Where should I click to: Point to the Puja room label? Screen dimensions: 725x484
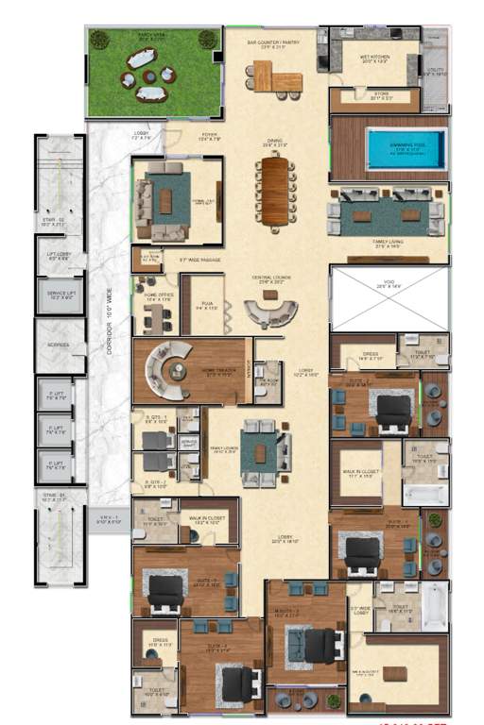pyautogui.click(x=207, y=305)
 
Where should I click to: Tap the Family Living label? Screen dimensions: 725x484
pyautogui.click(x=387, y=245)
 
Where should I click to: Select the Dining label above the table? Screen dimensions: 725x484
pyautogui.click(x=274, y=143)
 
